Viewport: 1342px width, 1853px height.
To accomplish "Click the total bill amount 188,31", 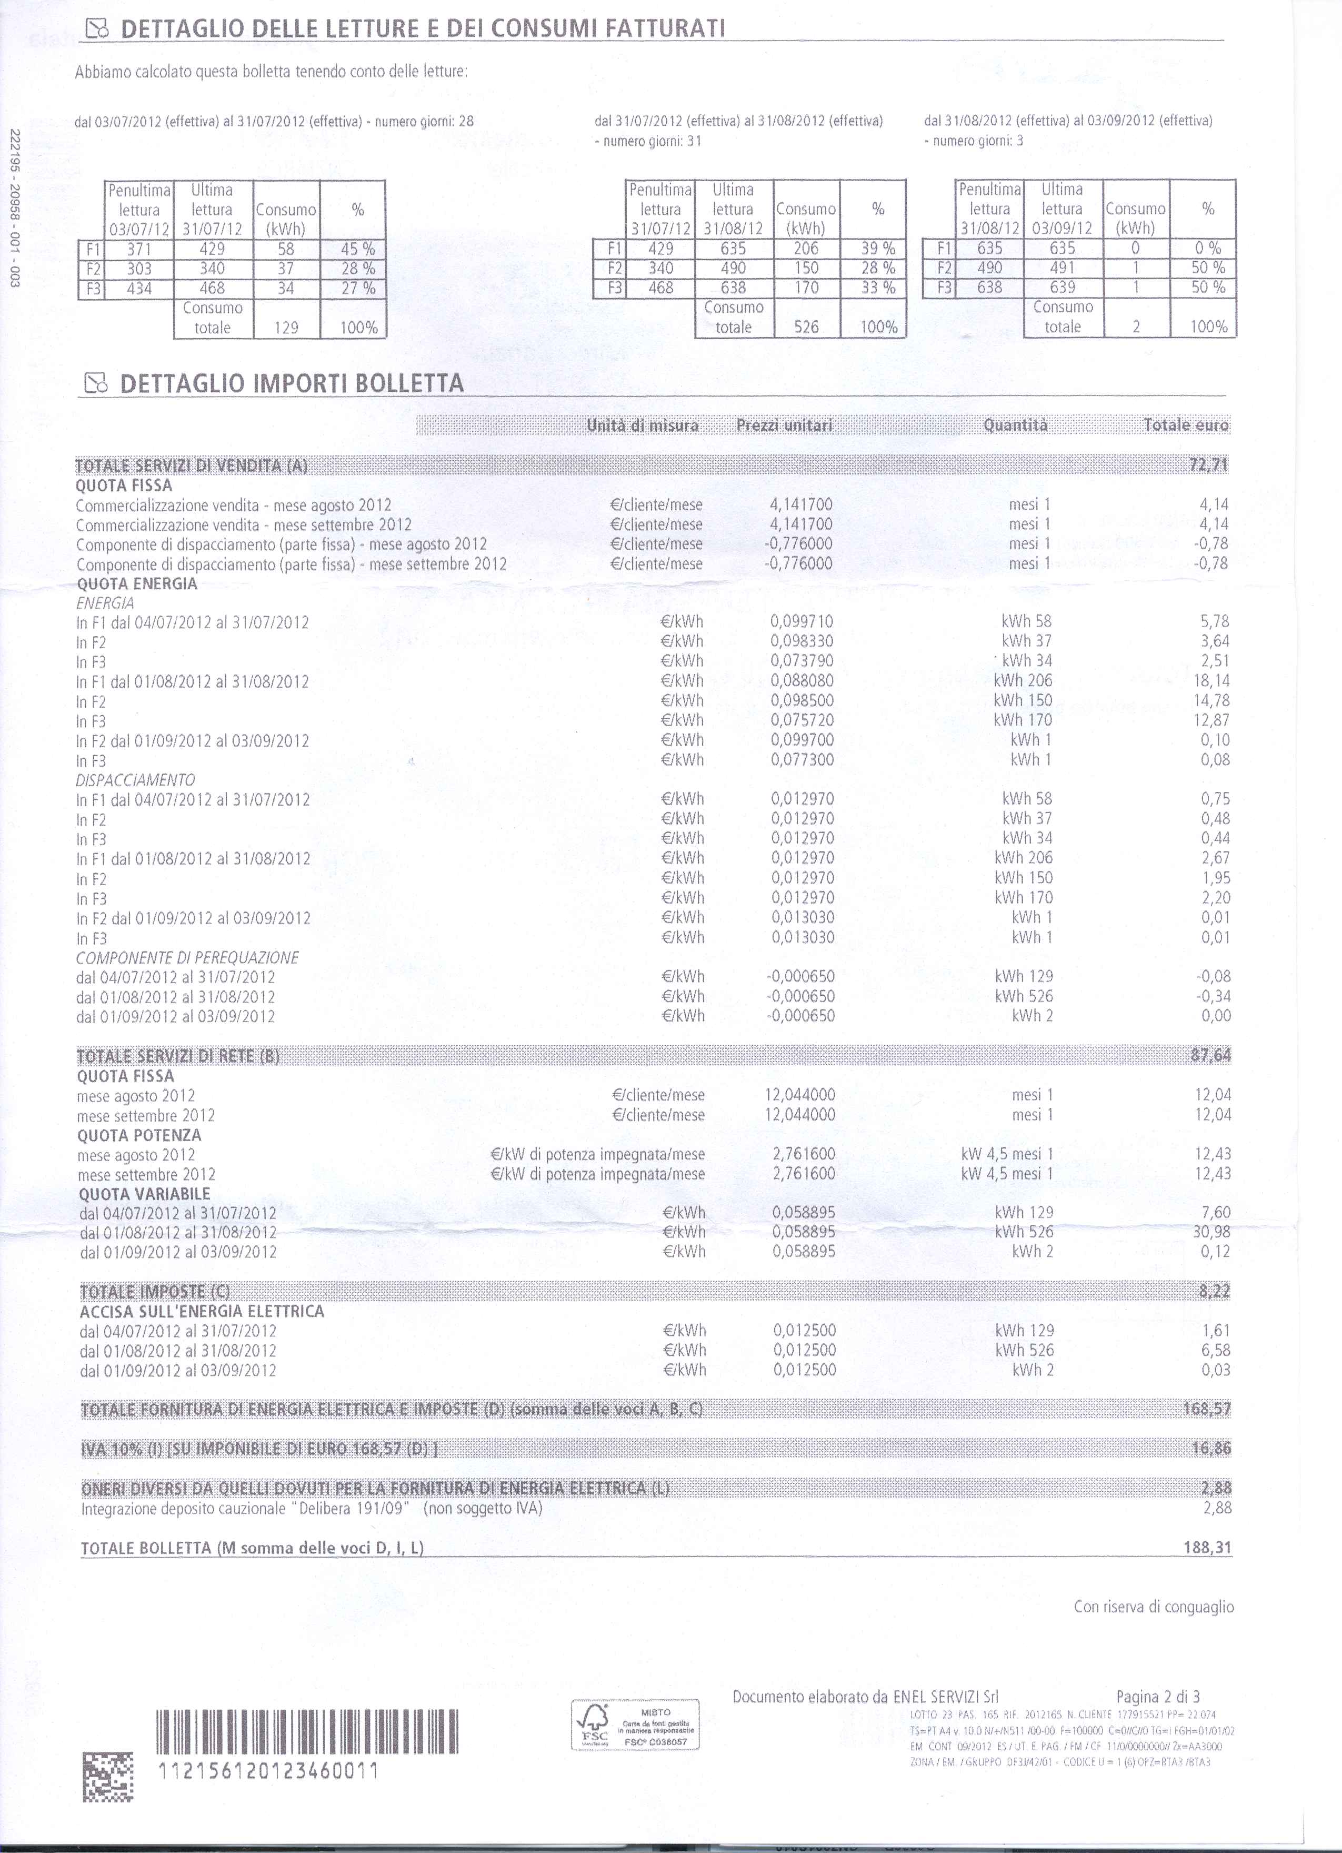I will click(x=1207, y=1548).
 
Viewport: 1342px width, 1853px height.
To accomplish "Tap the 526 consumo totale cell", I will click(x=806, y=328).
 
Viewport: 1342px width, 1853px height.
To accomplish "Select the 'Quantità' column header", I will click(x=1015, y=425).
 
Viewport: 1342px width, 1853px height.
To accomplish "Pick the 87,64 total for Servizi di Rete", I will click(x=1210, y=1056).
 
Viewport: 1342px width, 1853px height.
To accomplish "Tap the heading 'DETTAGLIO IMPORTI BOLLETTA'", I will click(x=292, y=383).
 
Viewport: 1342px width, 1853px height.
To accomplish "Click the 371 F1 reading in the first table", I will click(x=139, y=249).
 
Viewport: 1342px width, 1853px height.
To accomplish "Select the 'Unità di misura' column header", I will click(x=643, y=425).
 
